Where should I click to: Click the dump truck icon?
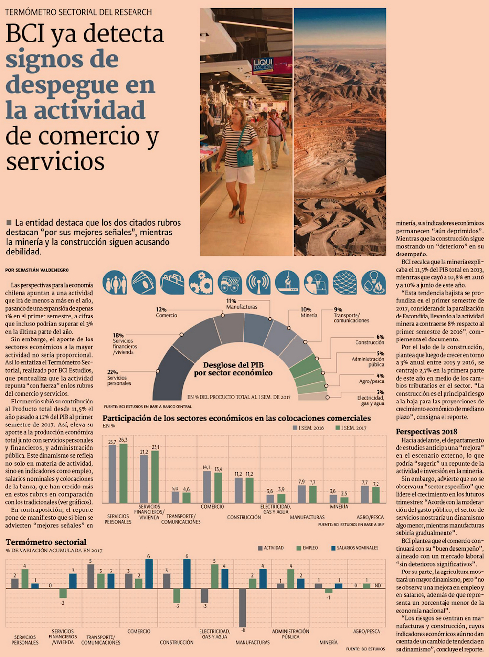point(230,282)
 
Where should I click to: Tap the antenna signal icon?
point(259,282)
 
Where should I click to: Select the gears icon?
point(201,282)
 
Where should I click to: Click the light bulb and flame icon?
point(374,282)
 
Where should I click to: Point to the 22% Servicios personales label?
point(118,378)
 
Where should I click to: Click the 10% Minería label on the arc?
point(309,312)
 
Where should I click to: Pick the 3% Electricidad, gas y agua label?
point(373,398)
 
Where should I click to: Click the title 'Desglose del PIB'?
point(233,365)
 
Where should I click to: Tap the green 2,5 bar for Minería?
point(344,500)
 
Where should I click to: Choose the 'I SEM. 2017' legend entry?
point(351,428)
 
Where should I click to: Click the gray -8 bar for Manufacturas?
point(243,607)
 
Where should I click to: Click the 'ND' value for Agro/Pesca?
point(378,585)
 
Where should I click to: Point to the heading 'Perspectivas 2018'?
point(426,431)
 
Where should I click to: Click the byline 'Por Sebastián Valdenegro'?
point(37,270)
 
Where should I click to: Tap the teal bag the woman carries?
point(245,157)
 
